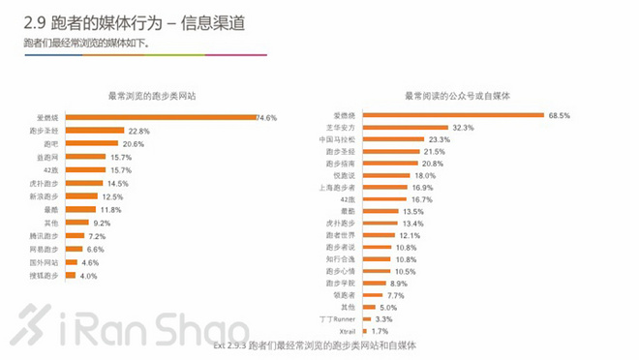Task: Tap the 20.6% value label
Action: point(134,143)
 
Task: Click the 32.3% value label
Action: point(463,128)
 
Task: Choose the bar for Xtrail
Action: point(401,331)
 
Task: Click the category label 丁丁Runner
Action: point(376,318)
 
